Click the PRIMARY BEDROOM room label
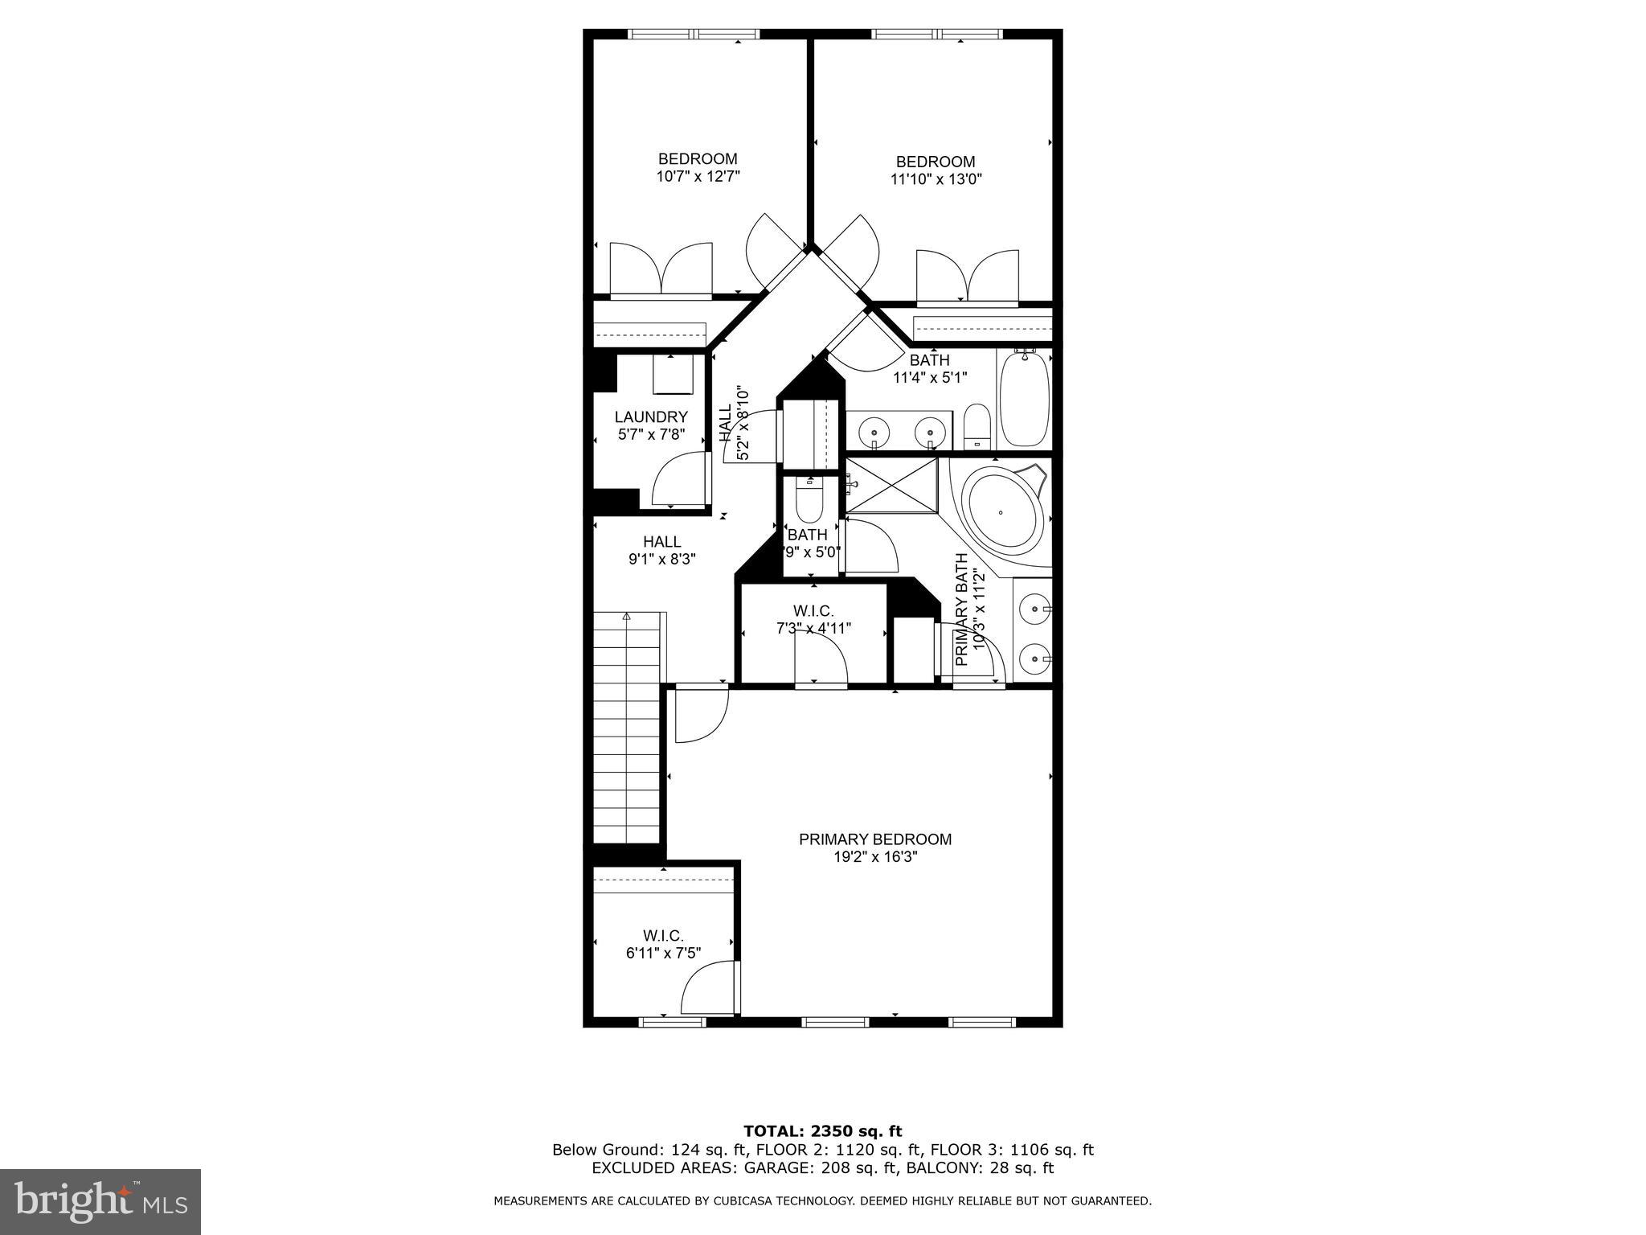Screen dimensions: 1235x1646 pyautogui.click(x=874, y=839)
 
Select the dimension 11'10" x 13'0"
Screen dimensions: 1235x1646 pyautogui.click(x=936, y=179)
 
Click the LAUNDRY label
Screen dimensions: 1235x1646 pyautogui.click(x=651, y=417)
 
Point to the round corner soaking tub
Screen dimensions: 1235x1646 pyautogui.click(x=1002, y=512)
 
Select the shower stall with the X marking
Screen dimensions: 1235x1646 pyautogui.click(x=892, y=485)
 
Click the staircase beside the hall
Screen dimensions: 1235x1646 pyautogui.click(x=627, y=728)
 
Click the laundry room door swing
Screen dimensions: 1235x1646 pyautogui.click(x=680, y=481)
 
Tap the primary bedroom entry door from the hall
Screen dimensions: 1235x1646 pyautogui.click(x=699, y=714)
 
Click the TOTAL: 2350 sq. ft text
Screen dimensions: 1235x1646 pyautogui.click(x=822, y=1131)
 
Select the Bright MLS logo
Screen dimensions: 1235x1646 pyautogui.click(x=100, y=1201)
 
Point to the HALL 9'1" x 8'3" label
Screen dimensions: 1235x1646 pyautogui.click(x=661, y=550)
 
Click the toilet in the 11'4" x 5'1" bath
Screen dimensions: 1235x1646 pyautogui.click(x=977, y=425)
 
